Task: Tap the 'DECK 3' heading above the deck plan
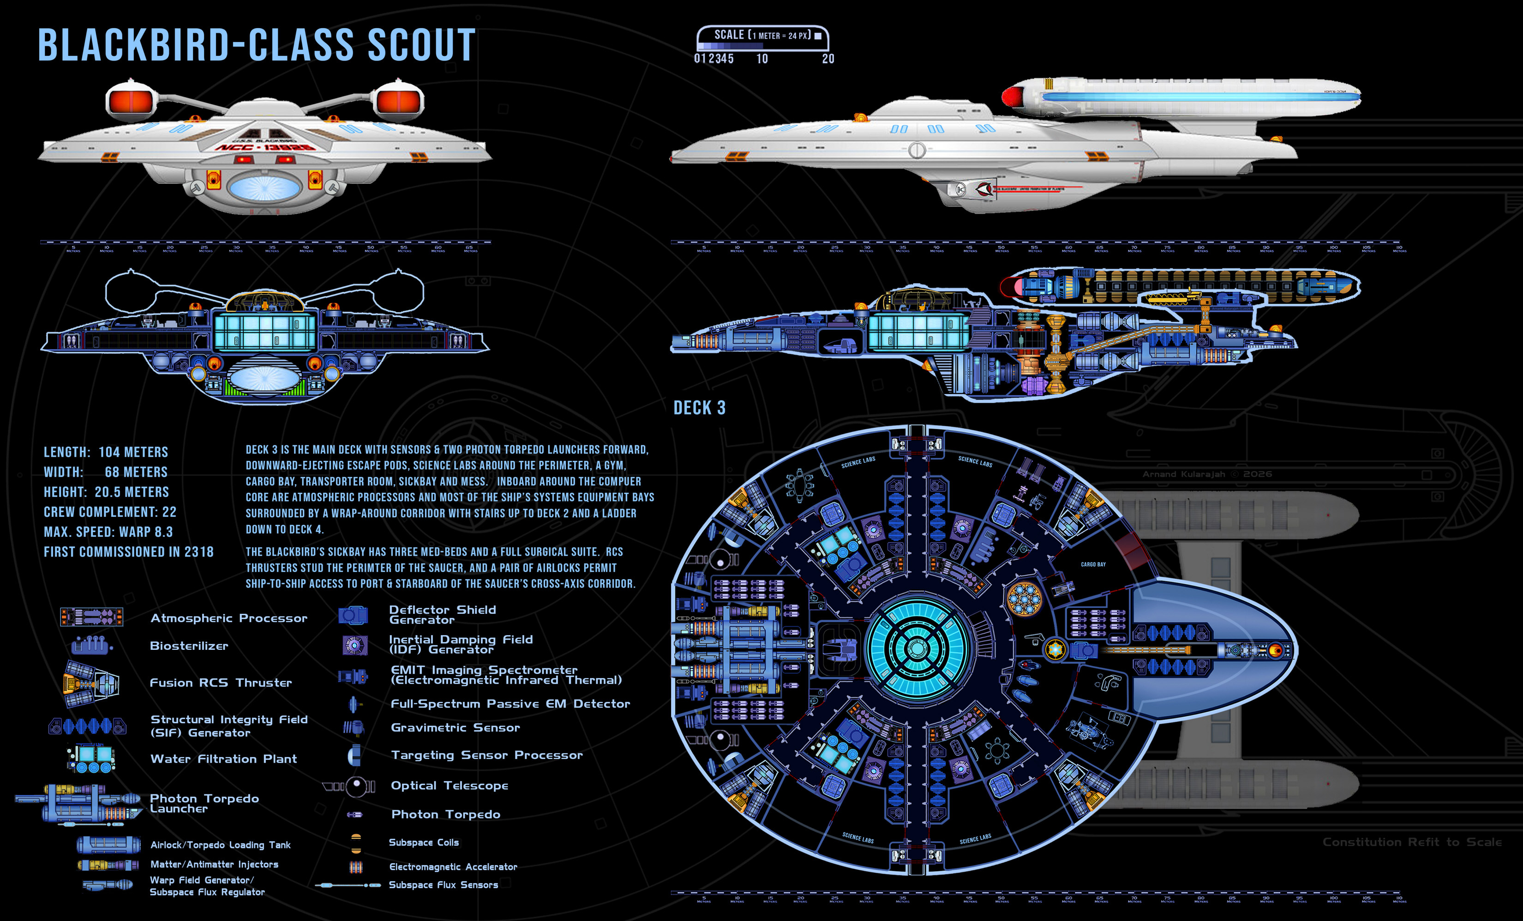(699, 408)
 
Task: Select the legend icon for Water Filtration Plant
(91, 758)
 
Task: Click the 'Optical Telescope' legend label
(450, 786)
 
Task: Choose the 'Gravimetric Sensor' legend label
(455, 728)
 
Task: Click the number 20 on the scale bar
(827, 59)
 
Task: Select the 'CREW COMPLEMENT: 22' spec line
(110, 512)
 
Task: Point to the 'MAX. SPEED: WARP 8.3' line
(108, 532)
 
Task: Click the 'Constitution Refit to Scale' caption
(1412, 842)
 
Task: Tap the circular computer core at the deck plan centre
(915, 648)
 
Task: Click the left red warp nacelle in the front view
(131, 101)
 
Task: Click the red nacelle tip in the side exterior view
(1009, 97)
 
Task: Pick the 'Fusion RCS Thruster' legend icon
(90, 683)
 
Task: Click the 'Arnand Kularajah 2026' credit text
(1206, 474)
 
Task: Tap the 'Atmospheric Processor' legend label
(229, 618)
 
